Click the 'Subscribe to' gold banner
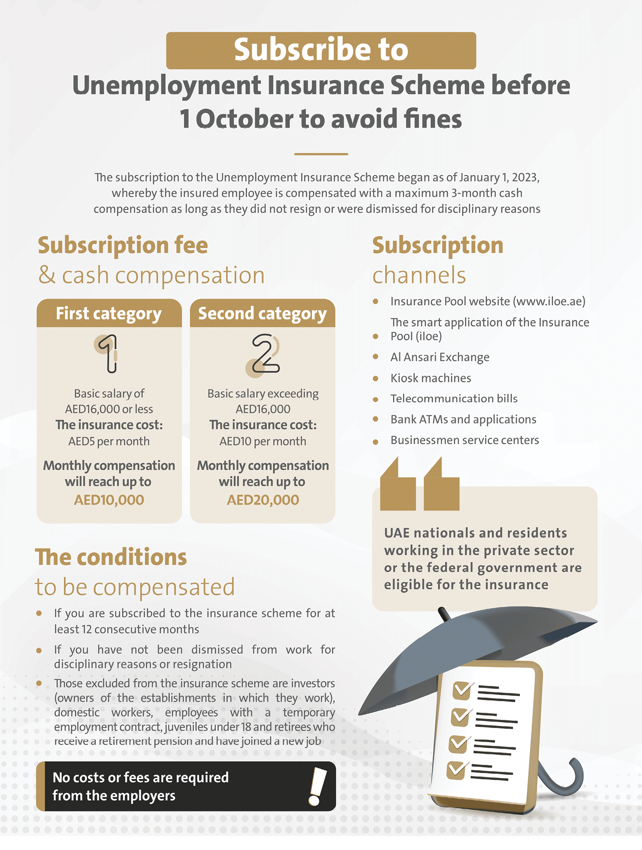321,50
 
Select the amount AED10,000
109,500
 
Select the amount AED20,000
263,500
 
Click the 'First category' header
109,313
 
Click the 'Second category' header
263,313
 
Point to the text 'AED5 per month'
109,441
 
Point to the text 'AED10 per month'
263,441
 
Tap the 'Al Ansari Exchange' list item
439,357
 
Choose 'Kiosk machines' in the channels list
430,378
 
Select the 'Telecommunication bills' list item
454,399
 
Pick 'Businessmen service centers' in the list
464,440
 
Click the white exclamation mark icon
317,786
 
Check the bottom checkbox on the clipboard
456,770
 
